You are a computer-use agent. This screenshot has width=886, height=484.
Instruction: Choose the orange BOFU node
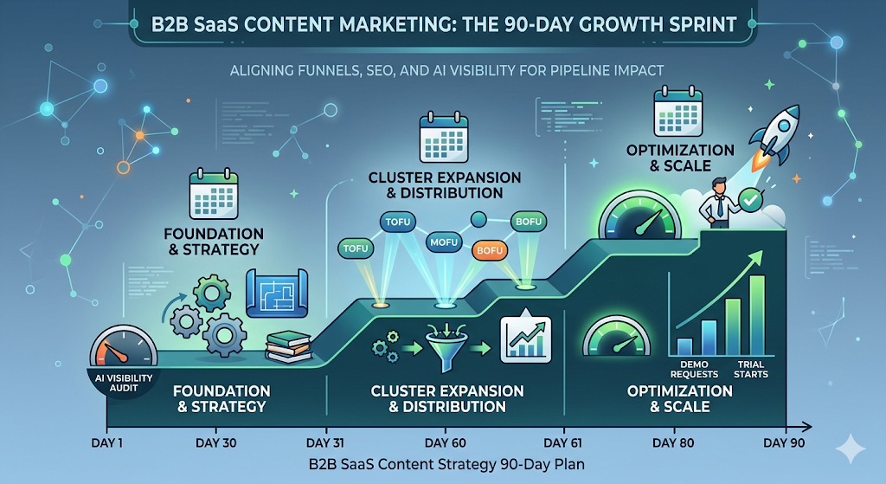pos(490,251)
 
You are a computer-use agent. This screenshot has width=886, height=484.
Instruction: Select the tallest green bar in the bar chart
pos(757,316)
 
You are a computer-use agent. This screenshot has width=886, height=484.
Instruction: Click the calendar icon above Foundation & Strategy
pos(212,197)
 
